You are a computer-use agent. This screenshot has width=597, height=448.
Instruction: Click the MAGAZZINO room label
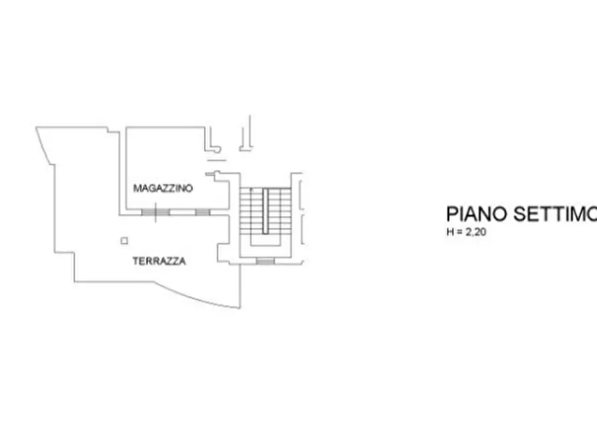[163, 188]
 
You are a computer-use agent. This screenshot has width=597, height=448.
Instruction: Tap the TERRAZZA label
[159, 261]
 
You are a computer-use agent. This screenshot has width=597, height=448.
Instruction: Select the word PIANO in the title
[477, 214]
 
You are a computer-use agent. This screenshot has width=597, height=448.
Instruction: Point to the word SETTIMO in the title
[555, 214]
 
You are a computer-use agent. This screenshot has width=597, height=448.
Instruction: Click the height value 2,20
[476, 232]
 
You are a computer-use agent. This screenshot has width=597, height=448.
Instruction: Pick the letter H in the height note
[450, 232]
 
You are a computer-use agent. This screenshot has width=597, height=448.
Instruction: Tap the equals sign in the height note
[459, 232]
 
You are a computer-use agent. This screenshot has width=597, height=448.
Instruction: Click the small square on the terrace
[124, 241]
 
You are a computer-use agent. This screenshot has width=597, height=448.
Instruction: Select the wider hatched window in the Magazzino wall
[155, 212]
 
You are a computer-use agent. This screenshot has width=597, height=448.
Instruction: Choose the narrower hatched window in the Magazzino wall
[203, 212]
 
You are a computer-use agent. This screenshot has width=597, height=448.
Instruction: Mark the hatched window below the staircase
[265, 261]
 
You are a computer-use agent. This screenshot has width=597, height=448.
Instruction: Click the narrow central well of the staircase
[265, 211]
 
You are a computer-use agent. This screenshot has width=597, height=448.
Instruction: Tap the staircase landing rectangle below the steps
[265, 240]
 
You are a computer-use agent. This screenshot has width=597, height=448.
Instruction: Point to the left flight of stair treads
[251, 211]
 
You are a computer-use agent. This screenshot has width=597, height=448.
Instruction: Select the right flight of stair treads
[279, 211]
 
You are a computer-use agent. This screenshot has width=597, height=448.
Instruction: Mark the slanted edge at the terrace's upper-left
[43, 146]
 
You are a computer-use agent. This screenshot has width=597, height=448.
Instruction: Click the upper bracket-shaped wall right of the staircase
[301, 195]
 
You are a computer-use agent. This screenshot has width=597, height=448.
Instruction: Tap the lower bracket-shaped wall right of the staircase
[302, 229]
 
